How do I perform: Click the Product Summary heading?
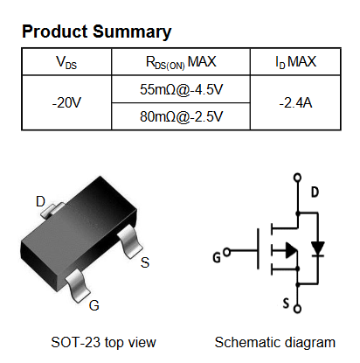97,31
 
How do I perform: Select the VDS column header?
66,62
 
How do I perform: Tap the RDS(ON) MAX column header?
181,62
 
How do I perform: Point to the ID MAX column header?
295,62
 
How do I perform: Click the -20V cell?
66,102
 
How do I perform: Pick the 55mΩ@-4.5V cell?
181,89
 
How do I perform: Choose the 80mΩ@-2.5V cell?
181,116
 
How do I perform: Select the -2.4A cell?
295,102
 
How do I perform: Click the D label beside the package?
40,201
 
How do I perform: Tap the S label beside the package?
145,262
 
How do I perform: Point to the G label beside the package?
94,305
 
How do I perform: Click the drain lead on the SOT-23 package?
52,210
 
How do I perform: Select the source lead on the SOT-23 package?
130,242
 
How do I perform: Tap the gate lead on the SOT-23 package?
78,286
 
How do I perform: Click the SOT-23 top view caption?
103,342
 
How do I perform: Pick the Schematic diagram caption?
275,342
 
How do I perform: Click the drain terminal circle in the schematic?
297,178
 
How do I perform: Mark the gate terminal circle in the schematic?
226,252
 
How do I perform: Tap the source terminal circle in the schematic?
297,309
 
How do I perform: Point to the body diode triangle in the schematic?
318,248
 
